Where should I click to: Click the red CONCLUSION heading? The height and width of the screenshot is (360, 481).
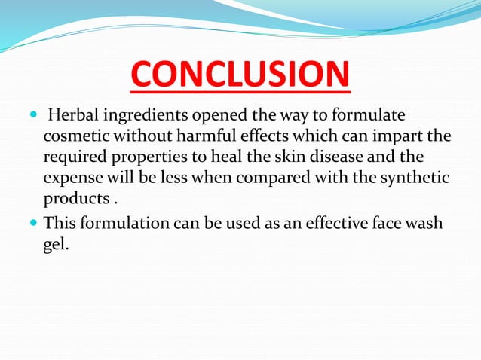tap(240, 76)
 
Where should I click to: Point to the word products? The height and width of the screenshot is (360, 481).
tap(74, 200)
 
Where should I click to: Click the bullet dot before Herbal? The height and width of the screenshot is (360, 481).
tap(32, 116)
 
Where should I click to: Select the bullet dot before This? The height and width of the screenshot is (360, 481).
tap(32, 224)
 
